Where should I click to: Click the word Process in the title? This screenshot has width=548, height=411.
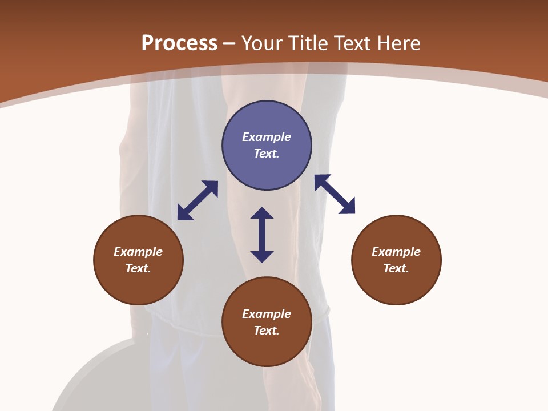[179, 43]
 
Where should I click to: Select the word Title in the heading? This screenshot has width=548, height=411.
[310, 43]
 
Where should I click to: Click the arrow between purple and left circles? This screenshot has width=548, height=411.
[198, 200]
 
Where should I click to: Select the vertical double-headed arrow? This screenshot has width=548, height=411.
[262, 235]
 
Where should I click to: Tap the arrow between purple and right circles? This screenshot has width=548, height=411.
[335, 194]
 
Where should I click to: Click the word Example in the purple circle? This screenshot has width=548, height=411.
[267, 137]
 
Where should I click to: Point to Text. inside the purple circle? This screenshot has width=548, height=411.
[267, 154]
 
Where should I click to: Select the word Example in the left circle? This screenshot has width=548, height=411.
[138, 252]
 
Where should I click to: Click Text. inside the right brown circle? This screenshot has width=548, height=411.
[396, 268]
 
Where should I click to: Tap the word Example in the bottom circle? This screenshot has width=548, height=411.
[267, 314]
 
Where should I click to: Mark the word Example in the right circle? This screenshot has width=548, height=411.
[396, 252]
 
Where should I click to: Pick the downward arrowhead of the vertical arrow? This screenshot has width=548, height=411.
[262, 256]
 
